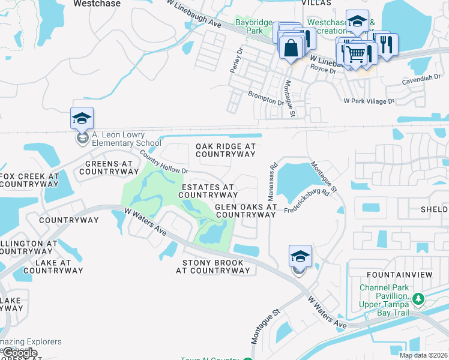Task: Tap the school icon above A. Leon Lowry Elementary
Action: (x=82, y=118)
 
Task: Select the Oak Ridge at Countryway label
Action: (x=226, y=150)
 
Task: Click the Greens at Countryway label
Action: (x=108, y=167)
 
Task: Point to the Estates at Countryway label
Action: (x=208, y=191)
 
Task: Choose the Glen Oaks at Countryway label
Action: (x=246, y=211)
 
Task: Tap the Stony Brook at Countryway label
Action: (x=212, y=266)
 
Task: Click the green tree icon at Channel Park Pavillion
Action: (x=418, y=298)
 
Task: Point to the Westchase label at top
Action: (x=97, y=4)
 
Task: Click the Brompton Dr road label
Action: (x=266, y=98)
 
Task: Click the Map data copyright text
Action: (x=424, y=355)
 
